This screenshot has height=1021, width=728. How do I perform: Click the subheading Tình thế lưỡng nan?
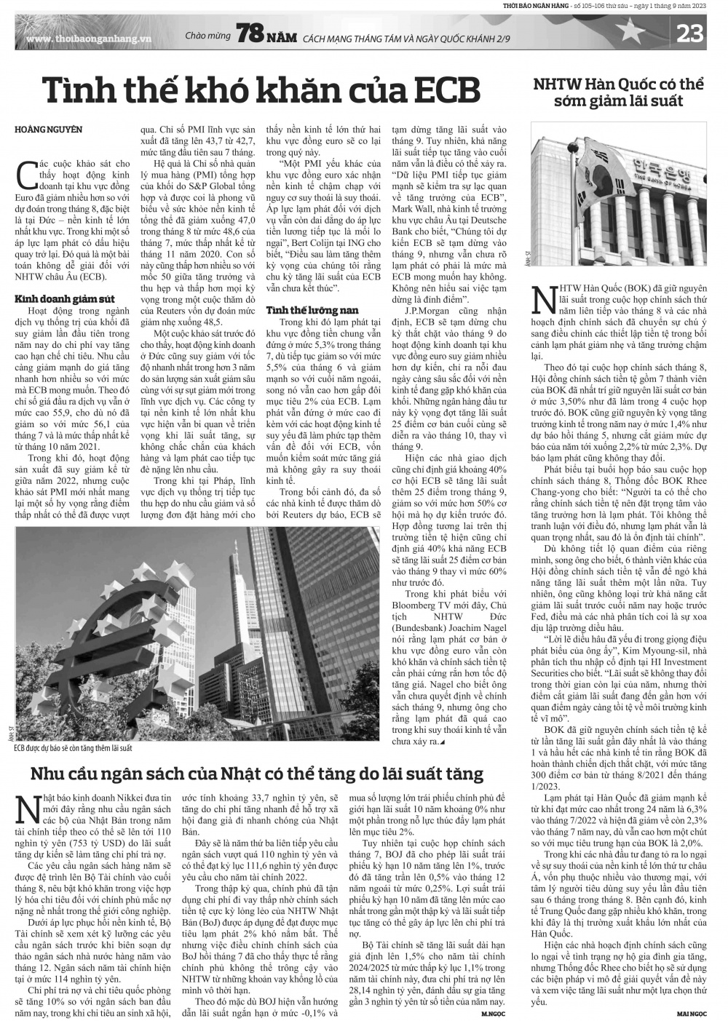pos(302,310)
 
